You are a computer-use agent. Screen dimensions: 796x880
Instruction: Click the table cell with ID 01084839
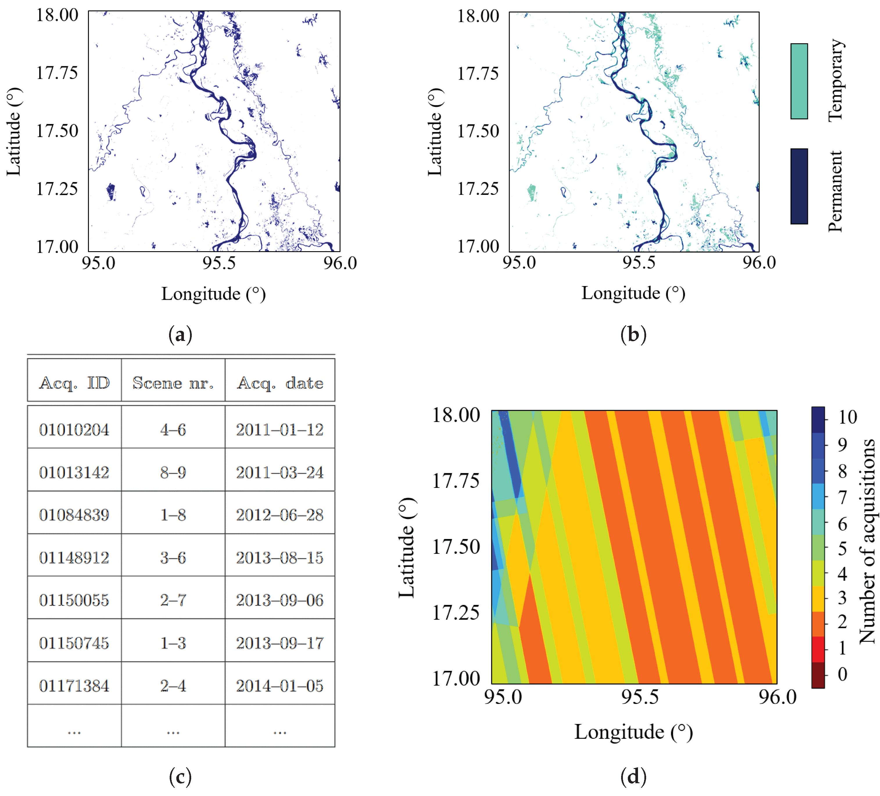pos(74,515)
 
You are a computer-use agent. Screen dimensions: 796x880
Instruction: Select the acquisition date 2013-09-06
pos(280,600)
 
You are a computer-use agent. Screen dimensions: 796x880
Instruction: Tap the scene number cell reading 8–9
pos(173,472)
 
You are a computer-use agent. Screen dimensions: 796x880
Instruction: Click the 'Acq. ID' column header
pos(74,383)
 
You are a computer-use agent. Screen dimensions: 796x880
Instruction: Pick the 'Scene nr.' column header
pos(173,383)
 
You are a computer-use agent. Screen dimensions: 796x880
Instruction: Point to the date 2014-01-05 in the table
pos(280,686)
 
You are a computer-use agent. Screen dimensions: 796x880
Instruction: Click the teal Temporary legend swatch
pos(799,81)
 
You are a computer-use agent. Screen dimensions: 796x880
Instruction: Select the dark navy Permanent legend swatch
pos(799,186)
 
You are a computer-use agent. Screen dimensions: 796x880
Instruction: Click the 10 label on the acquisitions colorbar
pos(847,417)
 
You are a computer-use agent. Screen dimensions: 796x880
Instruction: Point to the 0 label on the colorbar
pos(843,674)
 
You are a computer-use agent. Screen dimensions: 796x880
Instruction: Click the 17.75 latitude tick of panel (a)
pos(57,72)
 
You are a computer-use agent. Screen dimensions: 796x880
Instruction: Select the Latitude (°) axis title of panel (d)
pos(407,548)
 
